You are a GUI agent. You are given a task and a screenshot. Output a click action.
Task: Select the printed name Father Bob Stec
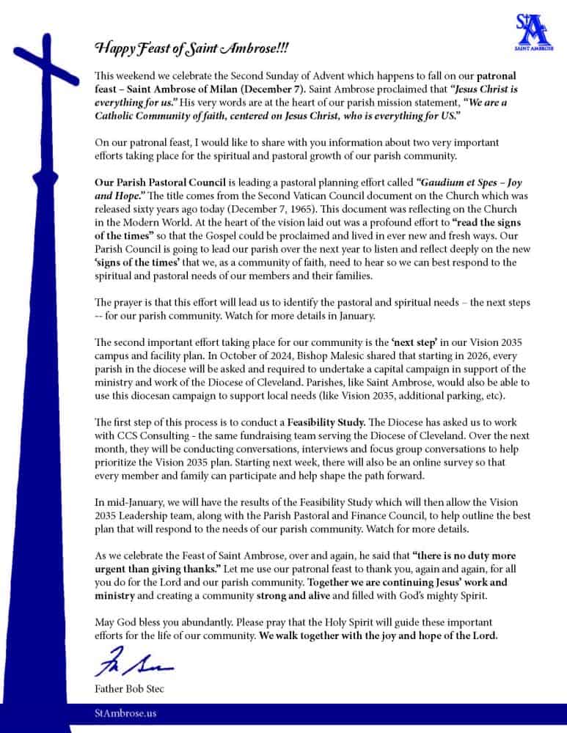click(x=128, y=688)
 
